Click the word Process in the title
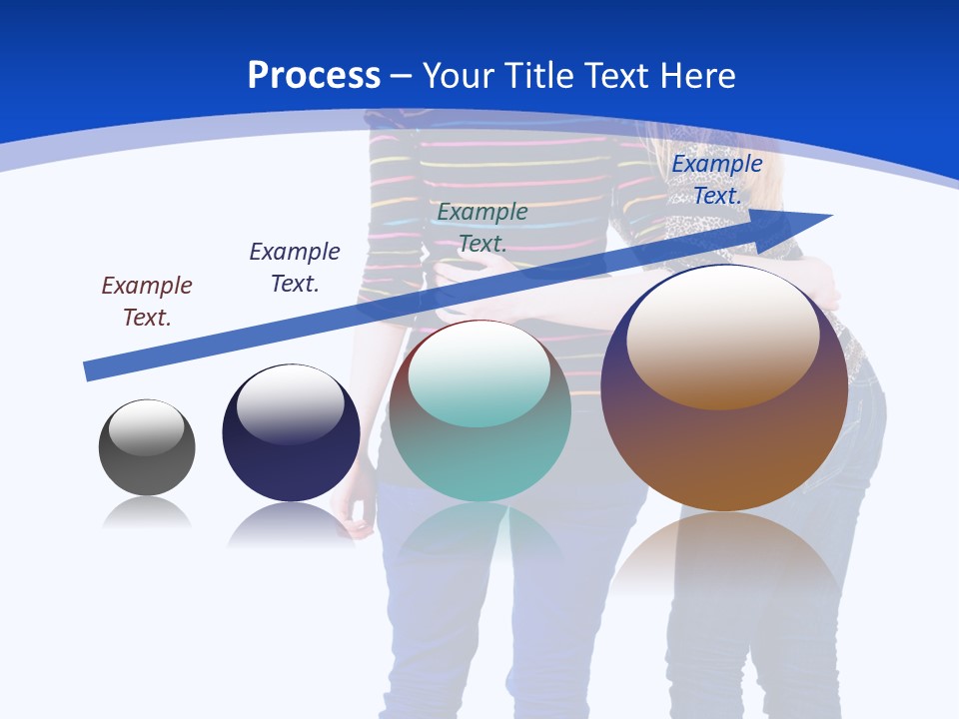[314, 76]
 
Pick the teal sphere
[479, 459]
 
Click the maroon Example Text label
[147, 302]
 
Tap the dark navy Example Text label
[295, 268]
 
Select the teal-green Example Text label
[482, 228]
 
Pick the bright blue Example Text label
[717, 180]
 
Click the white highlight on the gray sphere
[147, 428]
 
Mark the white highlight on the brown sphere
[723, 337]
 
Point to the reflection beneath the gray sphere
[147, 513]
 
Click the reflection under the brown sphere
[724, 554]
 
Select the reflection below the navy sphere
[291, 524]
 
